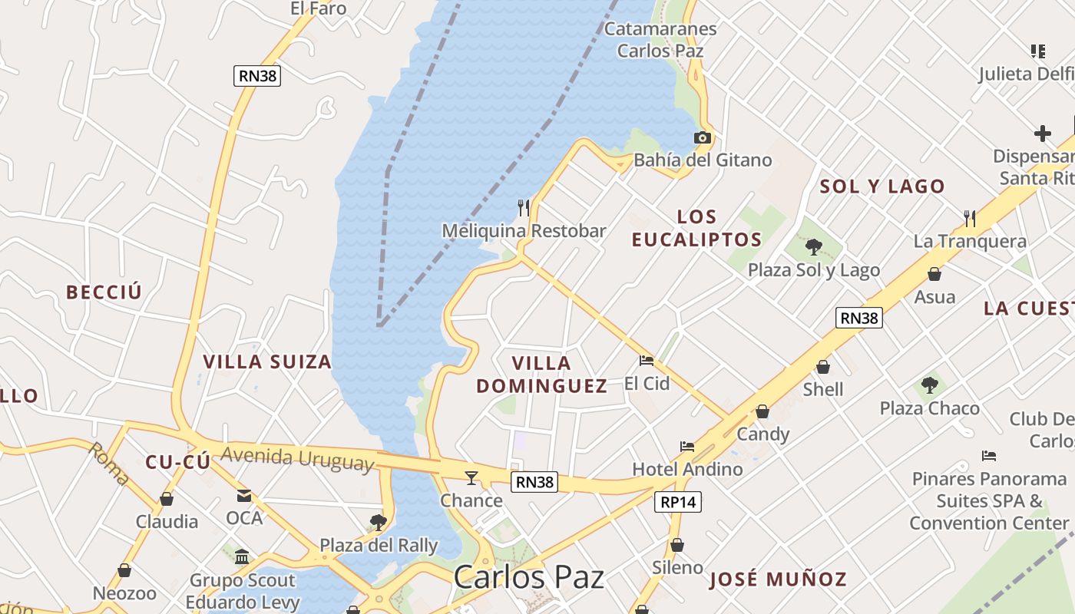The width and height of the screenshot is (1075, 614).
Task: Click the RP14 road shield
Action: coord(679,502)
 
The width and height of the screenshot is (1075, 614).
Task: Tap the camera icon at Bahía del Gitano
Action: coord(702,138)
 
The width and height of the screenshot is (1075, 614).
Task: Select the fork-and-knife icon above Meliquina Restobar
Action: coord(524,207)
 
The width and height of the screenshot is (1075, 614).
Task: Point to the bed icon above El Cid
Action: coord(647,360)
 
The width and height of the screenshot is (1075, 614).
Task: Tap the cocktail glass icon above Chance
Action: coord(471,477)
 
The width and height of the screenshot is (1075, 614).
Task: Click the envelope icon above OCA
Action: coord(244,495)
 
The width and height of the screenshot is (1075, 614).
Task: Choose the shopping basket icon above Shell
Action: coord(823,367)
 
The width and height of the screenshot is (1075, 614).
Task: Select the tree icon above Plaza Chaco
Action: coord(930,385)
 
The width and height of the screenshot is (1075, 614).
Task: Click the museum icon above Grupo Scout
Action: coord(242,556)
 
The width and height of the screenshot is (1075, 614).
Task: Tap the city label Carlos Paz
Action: coord(528,577)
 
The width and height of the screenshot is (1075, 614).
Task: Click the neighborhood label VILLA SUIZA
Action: coord(267,361)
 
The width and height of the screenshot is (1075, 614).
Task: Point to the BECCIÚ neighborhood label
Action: coord(104,292)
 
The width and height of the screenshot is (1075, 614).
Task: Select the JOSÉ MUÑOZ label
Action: coord(777,579)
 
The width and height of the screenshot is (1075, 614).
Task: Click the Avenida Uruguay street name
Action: coord(297,458)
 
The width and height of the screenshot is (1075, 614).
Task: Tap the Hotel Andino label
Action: coord(687,469)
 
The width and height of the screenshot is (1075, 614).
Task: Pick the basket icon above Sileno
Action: coord(676,545)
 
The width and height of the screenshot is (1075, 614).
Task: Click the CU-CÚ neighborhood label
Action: coord(177,461)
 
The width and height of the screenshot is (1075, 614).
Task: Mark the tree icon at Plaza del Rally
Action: coord(378,523)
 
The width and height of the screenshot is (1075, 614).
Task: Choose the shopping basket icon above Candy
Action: coord(762,411)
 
